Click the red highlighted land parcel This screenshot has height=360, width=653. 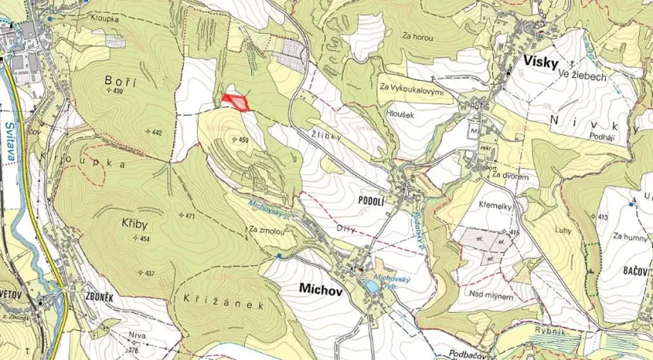[235, 102]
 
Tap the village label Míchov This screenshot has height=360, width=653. [322, 289]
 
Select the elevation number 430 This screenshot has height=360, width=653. [119, 92]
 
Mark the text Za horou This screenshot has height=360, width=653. [416, 36]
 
